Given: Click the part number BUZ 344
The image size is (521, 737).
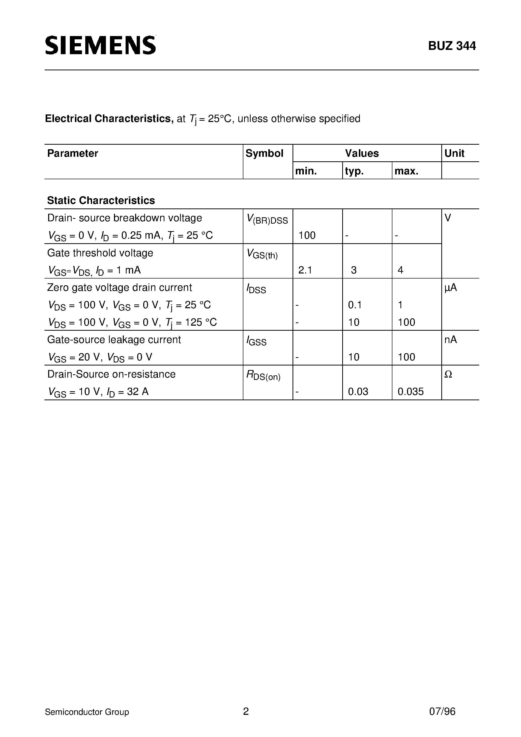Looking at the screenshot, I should coord(452,46).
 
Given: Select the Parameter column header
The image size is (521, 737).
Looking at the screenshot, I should coord(73,153).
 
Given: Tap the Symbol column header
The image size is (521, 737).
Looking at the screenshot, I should coord(264,153).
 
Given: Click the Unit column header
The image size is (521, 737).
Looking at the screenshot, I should coord(454,153).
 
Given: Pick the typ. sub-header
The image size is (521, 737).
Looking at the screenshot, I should coord(354,171).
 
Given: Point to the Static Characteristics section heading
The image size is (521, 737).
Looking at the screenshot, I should coord(101,201).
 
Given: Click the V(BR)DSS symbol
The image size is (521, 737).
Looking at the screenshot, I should coord(267,220).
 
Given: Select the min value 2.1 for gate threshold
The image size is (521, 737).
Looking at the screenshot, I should coord(305,270).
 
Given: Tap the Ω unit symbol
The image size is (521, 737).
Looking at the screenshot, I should coord(448,374).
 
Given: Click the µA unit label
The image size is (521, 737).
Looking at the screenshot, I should coord(451,288).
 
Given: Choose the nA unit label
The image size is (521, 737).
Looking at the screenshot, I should coord(450,340).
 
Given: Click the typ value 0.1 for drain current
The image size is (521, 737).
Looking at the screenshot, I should coord(355,305).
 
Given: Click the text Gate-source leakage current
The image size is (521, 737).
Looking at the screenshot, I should coord(114,340).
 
